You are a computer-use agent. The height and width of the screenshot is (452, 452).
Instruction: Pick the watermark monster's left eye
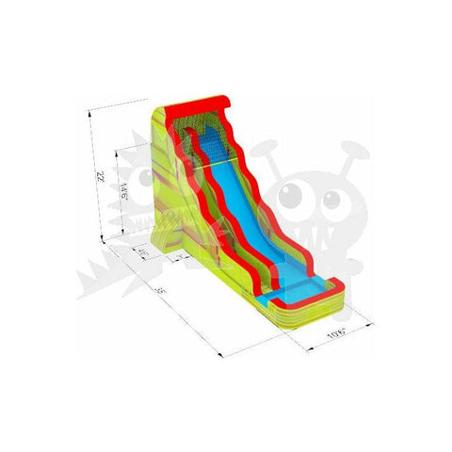(294, 194)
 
